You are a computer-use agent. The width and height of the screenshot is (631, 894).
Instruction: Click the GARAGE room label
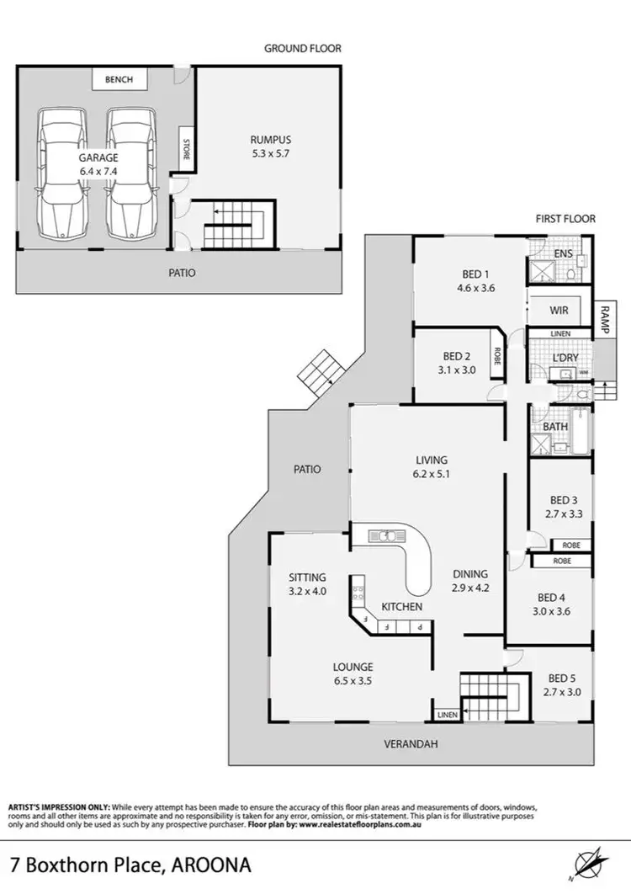pos(99,157)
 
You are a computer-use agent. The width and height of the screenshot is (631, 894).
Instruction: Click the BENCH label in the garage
pos(119,80)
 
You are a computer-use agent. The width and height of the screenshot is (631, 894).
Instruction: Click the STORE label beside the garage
pos(184,151)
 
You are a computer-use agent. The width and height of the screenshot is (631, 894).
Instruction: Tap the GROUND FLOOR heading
pos(303,49)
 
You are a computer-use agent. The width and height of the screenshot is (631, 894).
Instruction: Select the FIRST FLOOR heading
pos(565,219)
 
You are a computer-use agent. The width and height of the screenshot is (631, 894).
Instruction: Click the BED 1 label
pos(475,274)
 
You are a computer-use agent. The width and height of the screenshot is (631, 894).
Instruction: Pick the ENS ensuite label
pos(564,253)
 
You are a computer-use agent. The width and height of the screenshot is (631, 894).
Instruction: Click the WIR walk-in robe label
pos(559,311)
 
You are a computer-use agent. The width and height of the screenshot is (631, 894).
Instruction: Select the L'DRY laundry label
pos(565,358)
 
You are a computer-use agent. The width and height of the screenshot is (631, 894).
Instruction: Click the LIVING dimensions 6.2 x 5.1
pos(431,475)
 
